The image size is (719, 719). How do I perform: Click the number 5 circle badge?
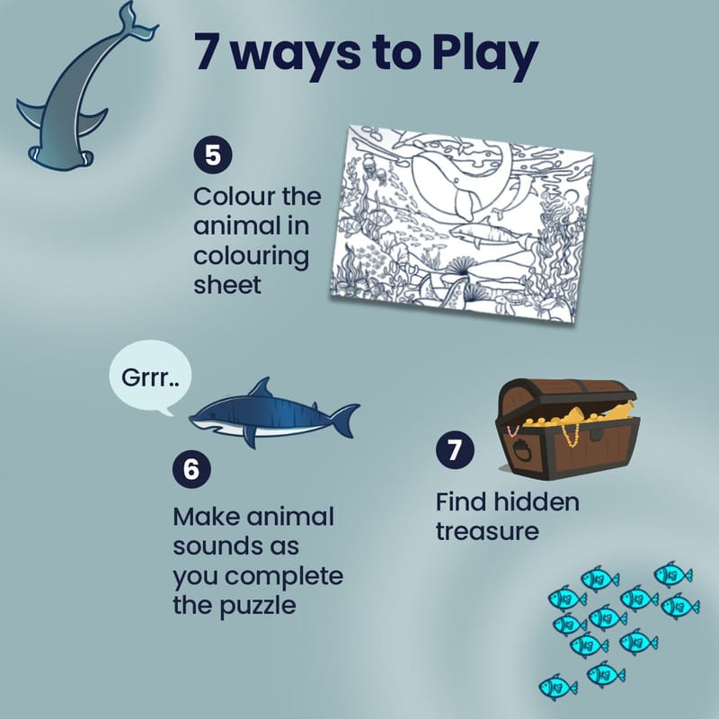(213, 155)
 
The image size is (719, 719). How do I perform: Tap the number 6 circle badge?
(191, 468)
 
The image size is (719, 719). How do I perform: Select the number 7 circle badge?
(455, 449)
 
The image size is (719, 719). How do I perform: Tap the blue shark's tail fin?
(345, 420)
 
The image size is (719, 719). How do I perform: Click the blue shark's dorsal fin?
(261, 388)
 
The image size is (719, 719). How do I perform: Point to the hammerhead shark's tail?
(138, 22)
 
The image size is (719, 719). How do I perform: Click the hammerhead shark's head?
(61, 158)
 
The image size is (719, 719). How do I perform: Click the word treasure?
(487, 532)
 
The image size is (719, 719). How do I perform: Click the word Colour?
(234, 197)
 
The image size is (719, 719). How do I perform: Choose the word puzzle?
(257, 607)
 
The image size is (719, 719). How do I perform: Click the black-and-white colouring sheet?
(461, 223)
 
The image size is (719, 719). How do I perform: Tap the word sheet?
(227, 285)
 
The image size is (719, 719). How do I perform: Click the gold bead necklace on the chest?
(571, 434)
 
